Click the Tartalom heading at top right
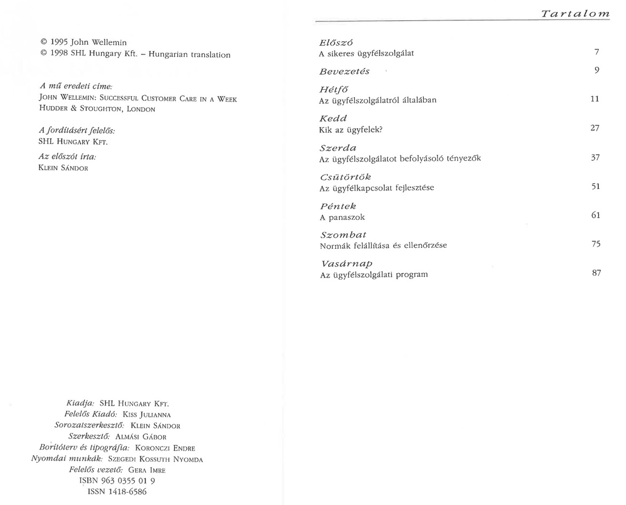(x=575, y=14)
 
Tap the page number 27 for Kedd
(x=595, y=128)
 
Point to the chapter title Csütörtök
(x=345, y=177)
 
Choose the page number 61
(x=596, y=215)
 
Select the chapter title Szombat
(x=343, y=235)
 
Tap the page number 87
(x=596, y=273)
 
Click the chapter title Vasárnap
(x=346, y=264)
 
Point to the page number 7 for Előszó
(x=597, y=52)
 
